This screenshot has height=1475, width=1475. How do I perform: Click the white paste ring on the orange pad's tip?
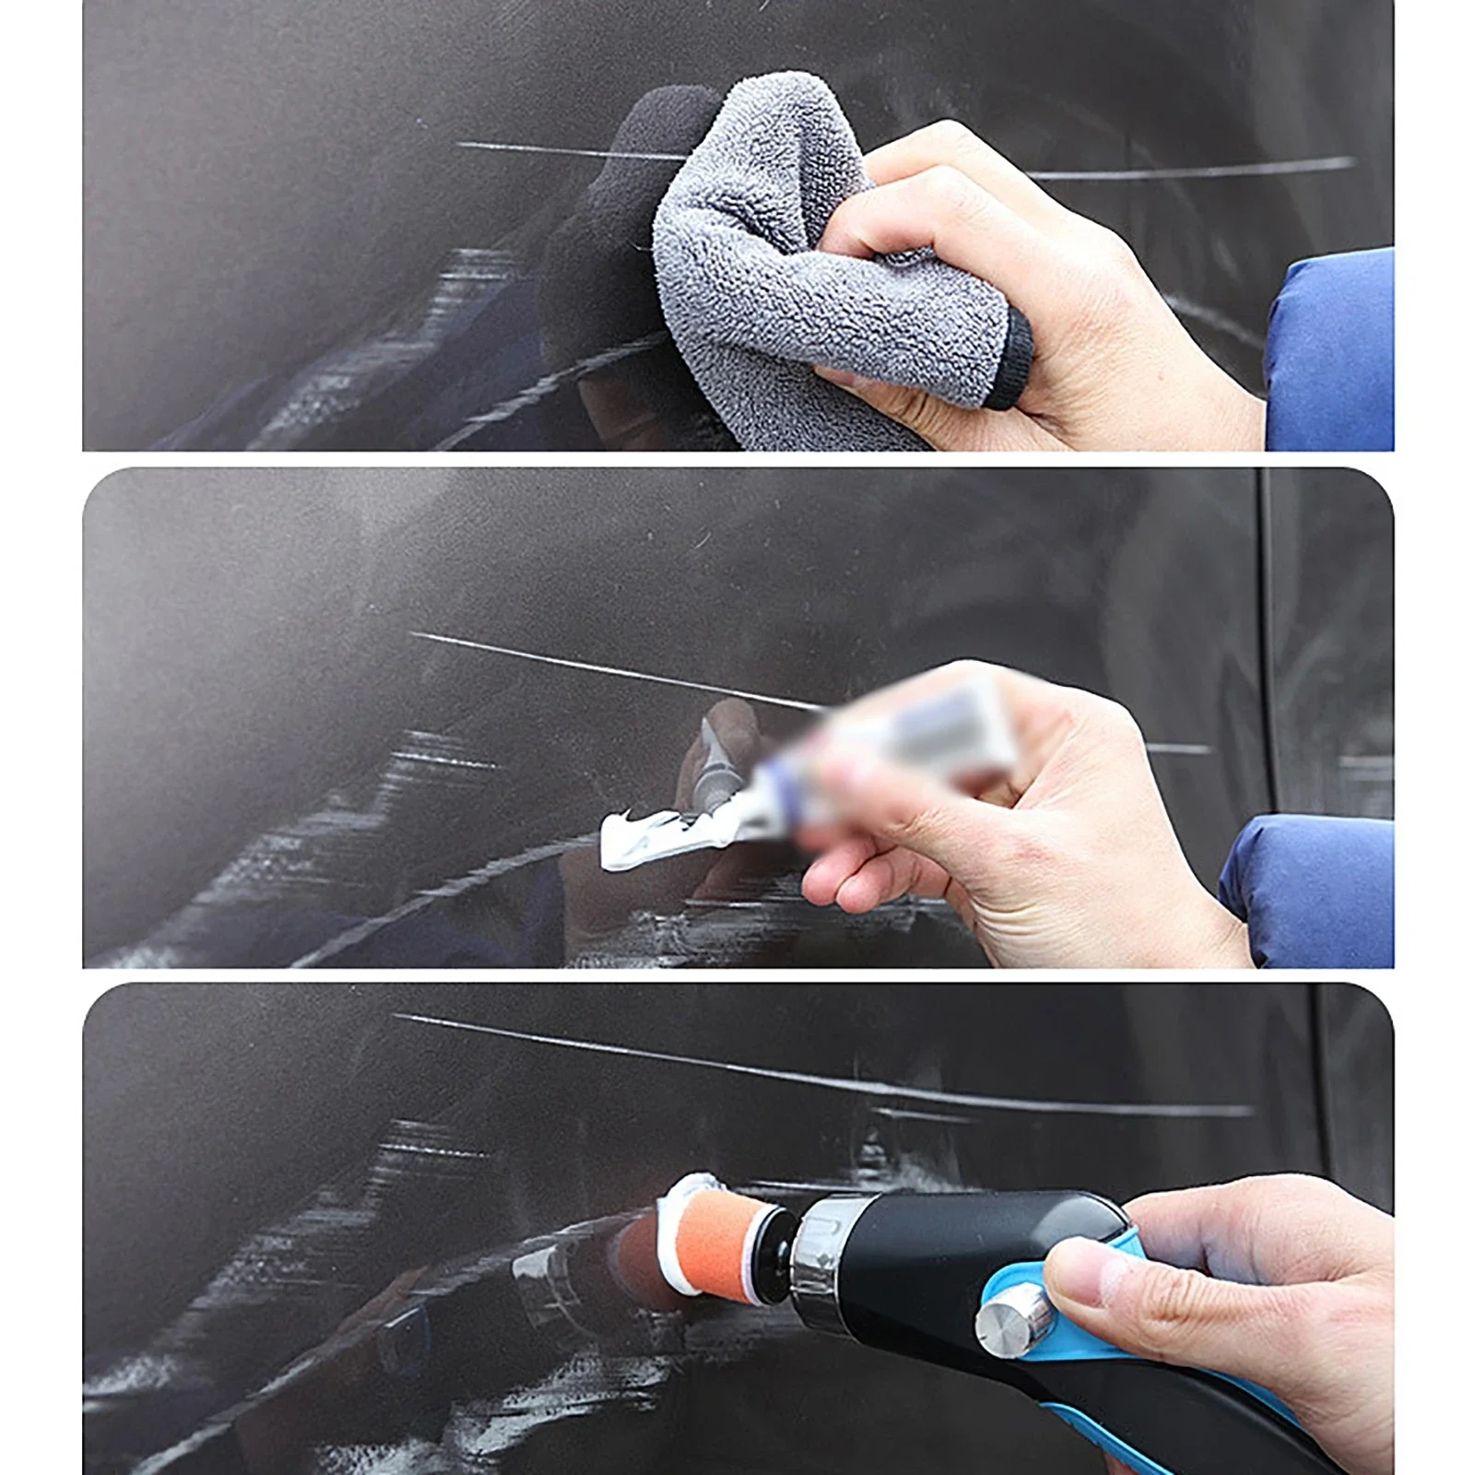click(x=691, y=1189)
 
